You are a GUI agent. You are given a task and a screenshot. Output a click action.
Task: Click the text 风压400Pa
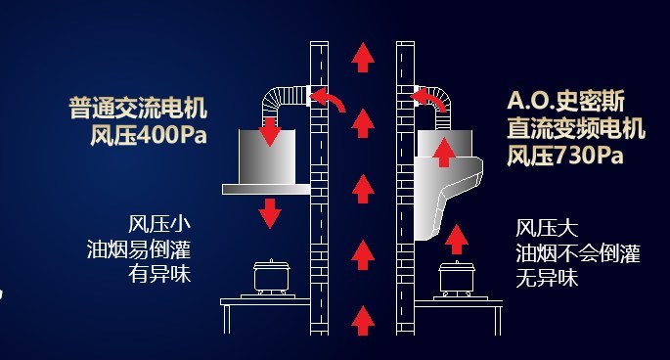click(x=149, y=135)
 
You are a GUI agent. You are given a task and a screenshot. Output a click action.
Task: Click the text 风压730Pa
click(x=565, y=155)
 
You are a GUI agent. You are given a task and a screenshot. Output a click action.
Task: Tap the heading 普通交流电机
click(x=138, y=108)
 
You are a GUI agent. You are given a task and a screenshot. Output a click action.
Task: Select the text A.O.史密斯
click(x=566, y=101)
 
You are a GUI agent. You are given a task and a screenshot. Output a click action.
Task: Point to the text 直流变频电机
click(x=576, y=128)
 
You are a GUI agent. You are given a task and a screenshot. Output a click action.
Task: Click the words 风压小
click(x=159, y=224)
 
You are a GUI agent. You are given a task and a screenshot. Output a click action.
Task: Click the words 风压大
click(x=547, y=228)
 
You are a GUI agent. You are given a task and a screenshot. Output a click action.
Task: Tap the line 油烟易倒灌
click(x=139, y=249)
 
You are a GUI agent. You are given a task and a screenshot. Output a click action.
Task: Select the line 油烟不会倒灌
click(x=578, y=253)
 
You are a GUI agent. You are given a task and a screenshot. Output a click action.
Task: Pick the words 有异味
click(x=159, y=274)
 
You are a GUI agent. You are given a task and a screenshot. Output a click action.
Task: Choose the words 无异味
click(x=547, y=279)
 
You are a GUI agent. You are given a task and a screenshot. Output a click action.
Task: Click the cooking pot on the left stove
click(x=271, y=277)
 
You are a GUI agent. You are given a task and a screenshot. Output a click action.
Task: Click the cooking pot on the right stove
click(x=457, y=279)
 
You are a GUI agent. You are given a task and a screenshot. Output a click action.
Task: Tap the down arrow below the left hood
click(x=270, y=213)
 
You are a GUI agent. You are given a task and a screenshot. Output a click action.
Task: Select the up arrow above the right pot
click(x=456, y=240)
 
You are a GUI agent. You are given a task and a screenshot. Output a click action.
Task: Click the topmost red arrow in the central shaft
click(x=363, y=58)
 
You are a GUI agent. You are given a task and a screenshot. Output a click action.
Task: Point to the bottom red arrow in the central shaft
click(x=363, y=321)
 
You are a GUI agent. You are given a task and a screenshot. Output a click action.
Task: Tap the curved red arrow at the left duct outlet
click(x=328, y=100)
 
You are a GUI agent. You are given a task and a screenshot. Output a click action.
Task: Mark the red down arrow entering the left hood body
click(x=270, y=132)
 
